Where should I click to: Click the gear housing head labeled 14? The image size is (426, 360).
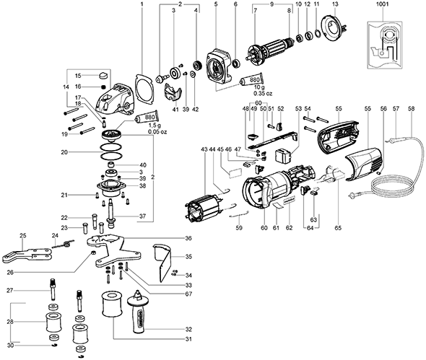(116, 98)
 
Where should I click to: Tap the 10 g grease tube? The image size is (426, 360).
(251, 79)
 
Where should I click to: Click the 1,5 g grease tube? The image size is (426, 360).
(147, 118)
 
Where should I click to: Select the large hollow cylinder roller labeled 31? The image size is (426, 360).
(112, 304)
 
